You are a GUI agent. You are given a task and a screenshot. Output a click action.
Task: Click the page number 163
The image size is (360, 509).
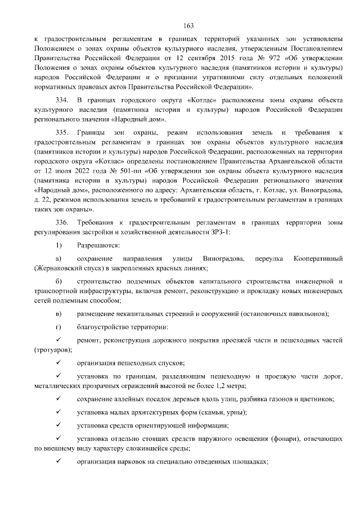pyautogui.click(x=188, y=25)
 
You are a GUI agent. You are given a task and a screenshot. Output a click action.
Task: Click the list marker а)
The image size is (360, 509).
pyautogui.click(x=58, y=258)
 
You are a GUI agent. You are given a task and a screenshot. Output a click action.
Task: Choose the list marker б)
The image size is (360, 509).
pyautogui.click(x=58, y=281)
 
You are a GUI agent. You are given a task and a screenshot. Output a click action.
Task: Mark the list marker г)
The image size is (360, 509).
pyautogui.click(x=58, y=327)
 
